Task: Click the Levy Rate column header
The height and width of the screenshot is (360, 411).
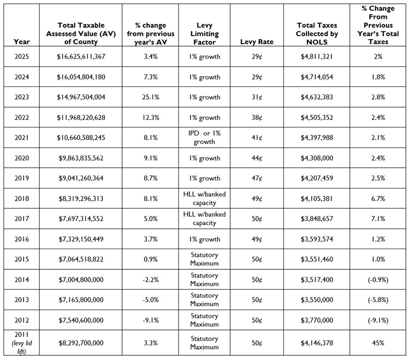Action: click(256, 41)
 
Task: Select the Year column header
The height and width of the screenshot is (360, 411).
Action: click(22, 41)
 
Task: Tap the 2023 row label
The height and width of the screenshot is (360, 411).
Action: click(22, 97)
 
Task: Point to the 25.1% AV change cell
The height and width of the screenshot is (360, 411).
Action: click(150, 97)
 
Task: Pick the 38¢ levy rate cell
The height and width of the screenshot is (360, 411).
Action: click(256, 117)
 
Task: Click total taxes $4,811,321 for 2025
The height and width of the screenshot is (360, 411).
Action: click(317, 57)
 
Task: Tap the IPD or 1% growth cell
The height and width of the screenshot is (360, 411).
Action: click(204, 137)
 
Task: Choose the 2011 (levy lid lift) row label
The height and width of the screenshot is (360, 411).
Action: click(22, 343)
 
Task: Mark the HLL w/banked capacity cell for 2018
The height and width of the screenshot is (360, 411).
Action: click(204, 198)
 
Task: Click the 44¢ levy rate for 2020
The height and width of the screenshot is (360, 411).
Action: click(256, 158)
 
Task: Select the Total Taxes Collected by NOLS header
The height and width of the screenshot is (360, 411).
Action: click(317, 33)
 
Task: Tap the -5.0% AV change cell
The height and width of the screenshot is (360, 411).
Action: click(150, 300)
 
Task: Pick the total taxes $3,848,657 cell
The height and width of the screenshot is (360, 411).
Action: click(317, 219)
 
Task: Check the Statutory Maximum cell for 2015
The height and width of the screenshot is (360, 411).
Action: click(204, 259)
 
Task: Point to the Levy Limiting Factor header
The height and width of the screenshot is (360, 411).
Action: click(204, 33)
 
